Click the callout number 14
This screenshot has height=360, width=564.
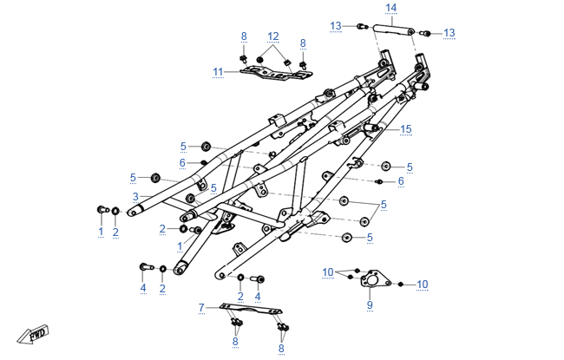(391, 8)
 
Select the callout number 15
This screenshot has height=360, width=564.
(406, 129)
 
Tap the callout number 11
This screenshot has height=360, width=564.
(218, 72)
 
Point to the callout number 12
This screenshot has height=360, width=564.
(273, 36)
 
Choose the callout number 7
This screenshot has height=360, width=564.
(201, 308)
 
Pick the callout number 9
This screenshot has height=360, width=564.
(370, 305)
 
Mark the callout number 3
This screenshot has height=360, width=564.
(135, 197)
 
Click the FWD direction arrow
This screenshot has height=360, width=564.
(33, 335)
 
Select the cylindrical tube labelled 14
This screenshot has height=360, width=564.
(393, 29)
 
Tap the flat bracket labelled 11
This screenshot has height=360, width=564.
(276, 73)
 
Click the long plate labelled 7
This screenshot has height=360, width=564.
(251, 310)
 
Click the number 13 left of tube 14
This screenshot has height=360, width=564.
(336, 26)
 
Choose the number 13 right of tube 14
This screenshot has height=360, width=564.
(449, 33)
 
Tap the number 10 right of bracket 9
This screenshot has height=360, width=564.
(423, 285)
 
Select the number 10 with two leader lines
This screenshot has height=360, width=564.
(328, 272)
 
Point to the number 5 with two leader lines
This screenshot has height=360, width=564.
(384, 205)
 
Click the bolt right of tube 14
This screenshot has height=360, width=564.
(425, 34)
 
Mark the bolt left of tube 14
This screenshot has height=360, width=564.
(362, 26)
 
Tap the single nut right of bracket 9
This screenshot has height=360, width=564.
(400, 285)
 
